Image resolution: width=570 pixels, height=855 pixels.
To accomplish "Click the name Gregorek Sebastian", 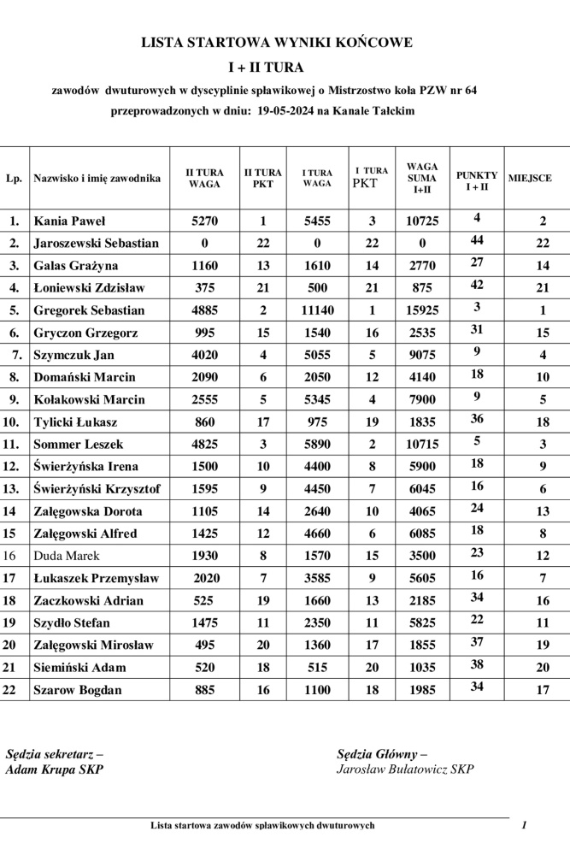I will click(89, 310).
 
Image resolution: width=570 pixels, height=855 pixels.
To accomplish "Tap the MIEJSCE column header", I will click(530, 179).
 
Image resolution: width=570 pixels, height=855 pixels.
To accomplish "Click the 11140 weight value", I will click(317, 310).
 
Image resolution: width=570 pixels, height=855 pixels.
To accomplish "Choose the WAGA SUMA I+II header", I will click(422, 178).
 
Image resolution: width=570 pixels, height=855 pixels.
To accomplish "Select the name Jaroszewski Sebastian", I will click(96, 244).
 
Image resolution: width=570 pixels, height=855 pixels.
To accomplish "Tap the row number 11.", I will click(13, 445).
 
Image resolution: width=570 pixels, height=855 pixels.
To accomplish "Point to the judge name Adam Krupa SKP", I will click(55, 769).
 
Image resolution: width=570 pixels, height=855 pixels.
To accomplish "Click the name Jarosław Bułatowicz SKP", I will click(405, 769).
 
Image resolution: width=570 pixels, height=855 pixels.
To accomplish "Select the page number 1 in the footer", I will click(524, 825).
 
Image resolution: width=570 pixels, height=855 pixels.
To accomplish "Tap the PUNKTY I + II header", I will click(477, 180).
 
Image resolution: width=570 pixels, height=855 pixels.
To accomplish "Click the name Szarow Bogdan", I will click(77, 690).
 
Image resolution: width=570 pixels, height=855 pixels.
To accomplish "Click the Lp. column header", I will click(14, 179).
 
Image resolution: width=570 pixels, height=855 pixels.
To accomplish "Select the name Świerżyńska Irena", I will click(85, 467).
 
